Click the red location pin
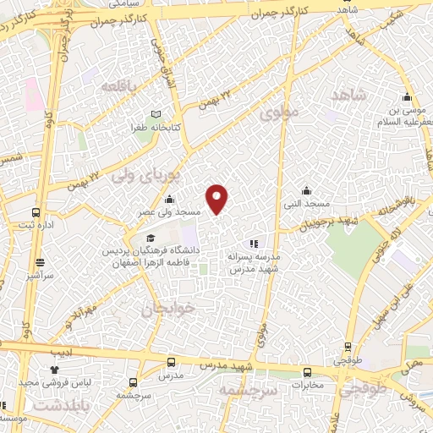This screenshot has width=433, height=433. click(x=218, y=199)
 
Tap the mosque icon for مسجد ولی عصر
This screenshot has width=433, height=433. click(x=171, y=200)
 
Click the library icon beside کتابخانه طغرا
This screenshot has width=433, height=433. click(x=154, y=114)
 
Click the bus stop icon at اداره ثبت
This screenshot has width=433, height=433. click(x=36, y=212)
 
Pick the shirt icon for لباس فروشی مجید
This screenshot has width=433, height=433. click(x=55, y=370)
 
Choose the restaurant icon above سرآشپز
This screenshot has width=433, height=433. click(x=38, y=264)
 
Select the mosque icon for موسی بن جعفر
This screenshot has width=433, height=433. click(x=407, y=96)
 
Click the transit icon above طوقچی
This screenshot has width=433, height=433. click(x=348, y=347)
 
